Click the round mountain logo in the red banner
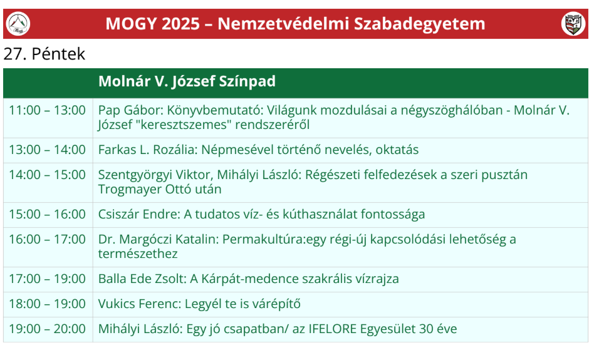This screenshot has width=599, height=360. coord(18,24)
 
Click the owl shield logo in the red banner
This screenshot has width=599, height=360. coord(573,24)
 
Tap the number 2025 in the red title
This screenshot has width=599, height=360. coord(180,24)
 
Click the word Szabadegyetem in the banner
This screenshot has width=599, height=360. coord(419,24)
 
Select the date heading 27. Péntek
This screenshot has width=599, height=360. coord(44,54)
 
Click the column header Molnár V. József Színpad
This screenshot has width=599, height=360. coord(187,81)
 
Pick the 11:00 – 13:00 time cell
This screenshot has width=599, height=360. coord(48,110)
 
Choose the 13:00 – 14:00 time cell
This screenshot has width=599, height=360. coord(48,150)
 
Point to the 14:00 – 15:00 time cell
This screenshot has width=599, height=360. coord(48,175)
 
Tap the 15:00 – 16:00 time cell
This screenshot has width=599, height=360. coord(48,214)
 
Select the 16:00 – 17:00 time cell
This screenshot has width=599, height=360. coord(48,239)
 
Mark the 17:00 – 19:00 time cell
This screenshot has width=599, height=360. coord(48,279)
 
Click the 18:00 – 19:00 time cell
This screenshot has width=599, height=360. coord(48,304)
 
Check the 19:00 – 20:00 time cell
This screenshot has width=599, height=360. coord(48,329)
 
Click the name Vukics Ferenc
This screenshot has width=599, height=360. coord(140,304)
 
